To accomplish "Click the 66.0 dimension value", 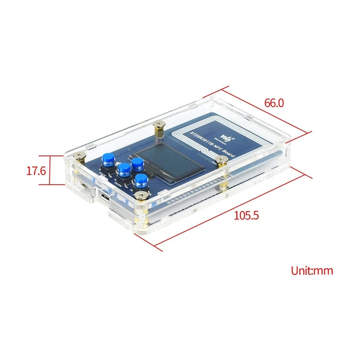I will tap(274, 103).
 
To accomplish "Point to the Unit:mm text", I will tap(312, 270).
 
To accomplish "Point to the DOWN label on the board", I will tap(119, 184).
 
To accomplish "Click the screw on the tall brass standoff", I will tap(158, 124).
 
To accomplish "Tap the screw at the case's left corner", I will tap(80, 156).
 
